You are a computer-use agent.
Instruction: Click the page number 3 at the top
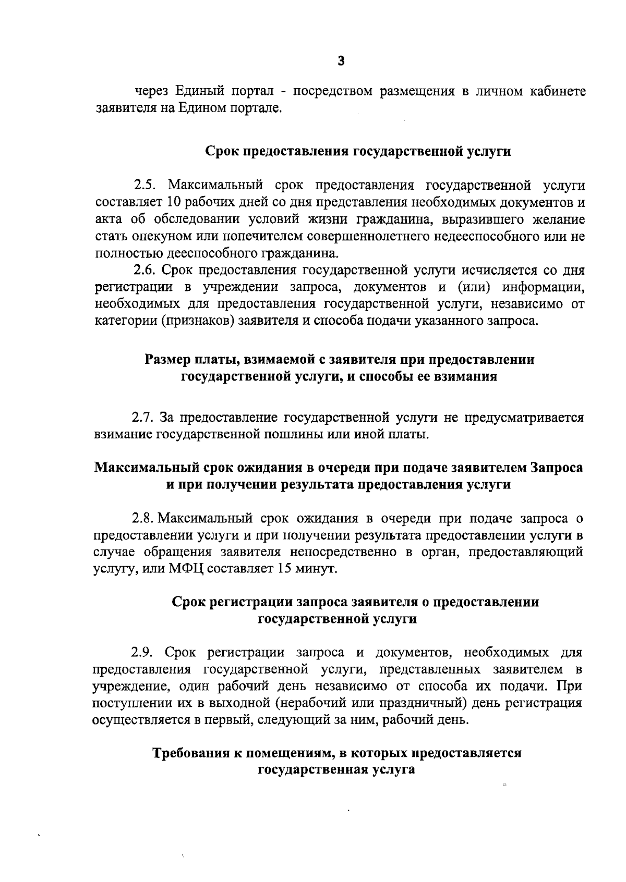(x=341, y=62)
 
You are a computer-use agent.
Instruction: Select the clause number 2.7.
(x=141, y=418)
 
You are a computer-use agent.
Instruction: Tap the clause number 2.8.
(x=141, y=518)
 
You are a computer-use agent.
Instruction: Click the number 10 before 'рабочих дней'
(x=173, y=202)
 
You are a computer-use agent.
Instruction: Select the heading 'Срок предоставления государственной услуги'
(x=357, y=152)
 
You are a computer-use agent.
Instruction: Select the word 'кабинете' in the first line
(x=558, y=92)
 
